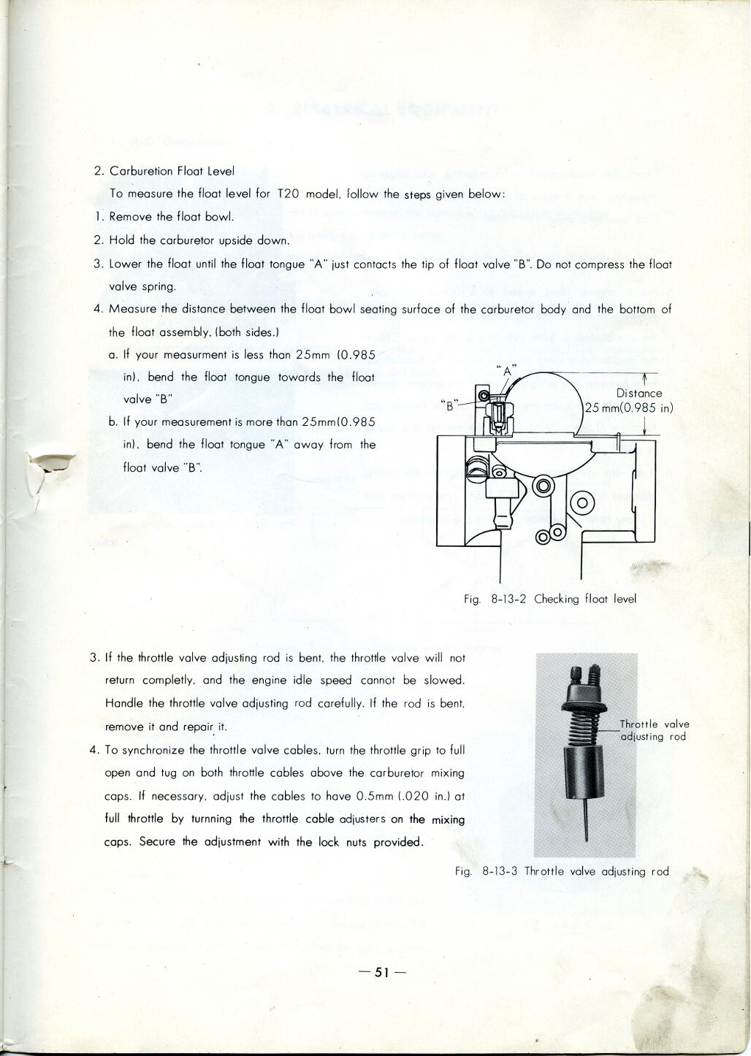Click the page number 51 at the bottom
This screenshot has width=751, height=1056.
[382, 972]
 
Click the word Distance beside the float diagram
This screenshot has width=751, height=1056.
[639, 393]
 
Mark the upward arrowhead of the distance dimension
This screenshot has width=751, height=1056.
[645, 378]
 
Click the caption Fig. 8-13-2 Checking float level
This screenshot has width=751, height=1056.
[550, 599]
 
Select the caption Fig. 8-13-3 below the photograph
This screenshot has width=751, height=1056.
[561, 871]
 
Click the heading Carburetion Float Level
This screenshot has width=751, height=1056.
[172, 171]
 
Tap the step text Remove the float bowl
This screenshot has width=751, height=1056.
[171, 217]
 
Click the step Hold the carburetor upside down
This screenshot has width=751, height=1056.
[199, 240]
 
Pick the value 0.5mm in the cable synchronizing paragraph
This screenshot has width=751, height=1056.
[377, 796]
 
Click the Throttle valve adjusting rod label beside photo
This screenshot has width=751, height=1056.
[654, 730]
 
